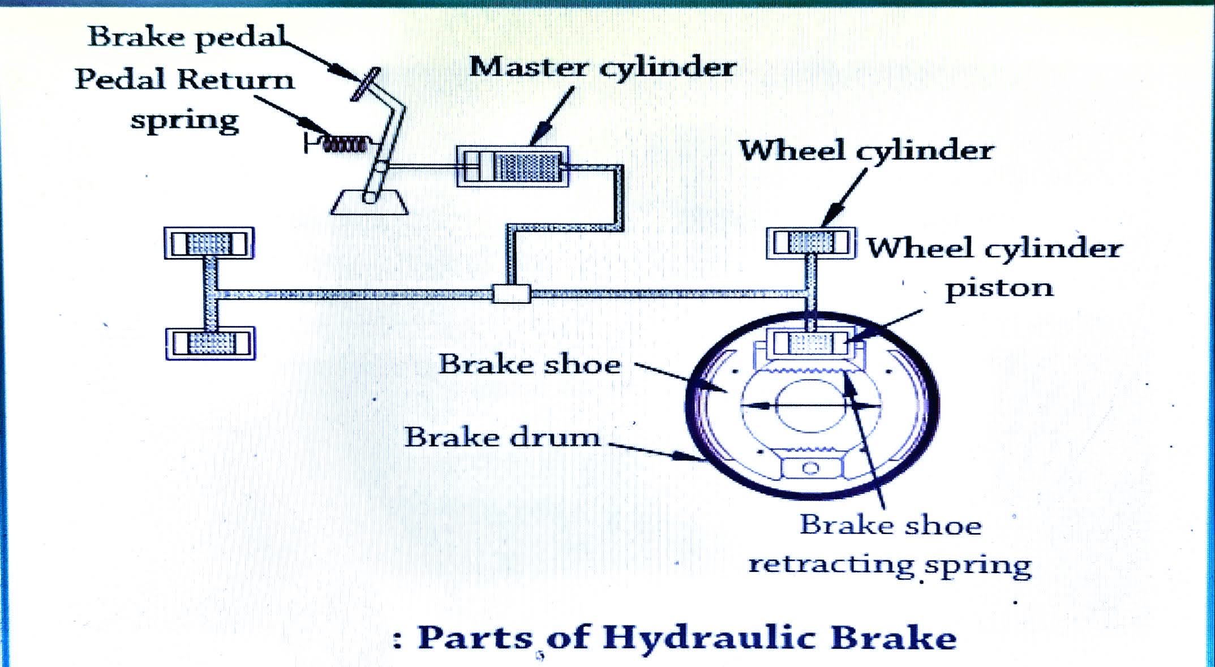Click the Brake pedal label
[x=187, y=37]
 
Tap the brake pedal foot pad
[x=365, y=84]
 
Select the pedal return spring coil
[x=344, y=144]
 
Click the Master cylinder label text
[x=602, y=67]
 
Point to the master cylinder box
[x=513, y=167]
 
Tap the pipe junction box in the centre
[x=511, y=294]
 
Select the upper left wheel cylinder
[x=209, y=243]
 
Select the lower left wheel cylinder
[x=211, y=343]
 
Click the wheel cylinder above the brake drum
[x=810, y=243]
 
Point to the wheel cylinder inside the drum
[x=810, y=343]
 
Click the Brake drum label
[x=502, y=437]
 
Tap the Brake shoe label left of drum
[x=530, y=364]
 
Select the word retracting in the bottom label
[x=831, y=565]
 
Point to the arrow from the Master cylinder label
[x=552, y=116]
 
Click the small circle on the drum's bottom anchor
[x=810, y=468]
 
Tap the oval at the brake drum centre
[x=810, y=405]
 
